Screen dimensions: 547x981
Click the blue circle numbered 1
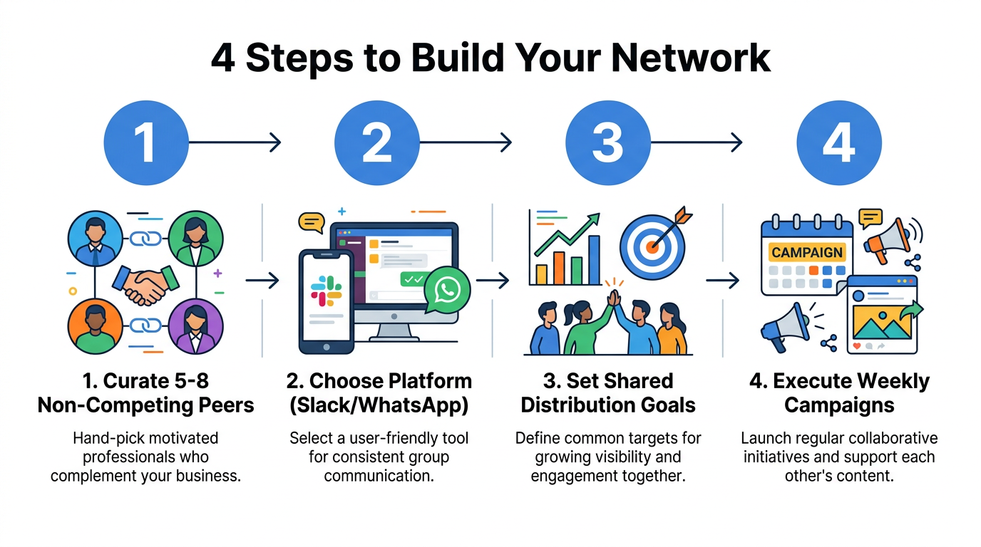click(146, 142)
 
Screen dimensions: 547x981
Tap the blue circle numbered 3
click(608, 142)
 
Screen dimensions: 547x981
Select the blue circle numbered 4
click(839, 142)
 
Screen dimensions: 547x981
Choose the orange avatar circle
click(94, 327)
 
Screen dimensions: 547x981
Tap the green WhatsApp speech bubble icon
click(447, 289)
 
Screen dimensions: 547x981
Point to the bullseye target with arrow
click(652, 242)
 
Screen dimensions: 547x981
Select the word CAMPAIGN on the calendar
click(807, 252)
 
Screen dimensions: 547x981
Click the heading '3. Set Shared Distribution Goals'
click(608, 392)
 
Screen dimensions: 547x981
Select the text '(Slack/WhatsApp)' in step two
click(379, 405)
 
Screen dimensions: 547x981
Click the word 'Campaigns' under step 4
click(838, 405)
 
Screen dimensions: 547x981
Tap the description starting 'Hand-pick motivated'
click(145, 457)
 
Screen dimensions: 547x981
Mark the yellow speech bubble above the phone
click(312, 223)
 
